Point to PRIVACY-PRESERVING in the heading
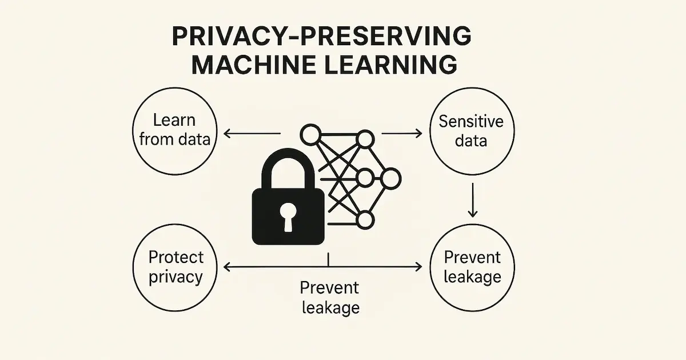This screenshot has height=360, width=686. [322, 37]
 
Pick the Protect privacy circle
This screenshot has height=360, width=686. [175, 267]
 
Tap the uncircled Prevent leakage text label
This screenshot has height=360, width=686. [329, 297]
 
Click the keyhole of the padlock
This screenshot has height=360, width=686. [288, 217]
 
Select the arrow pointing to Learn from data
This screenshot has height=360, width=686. [252, 134]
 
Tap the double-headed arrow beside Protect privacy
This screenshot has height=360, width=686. [323, 266]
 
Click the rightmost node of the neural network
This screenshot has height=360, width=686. [391, 179]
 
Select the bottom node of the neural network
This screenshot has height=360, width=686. [364, 219]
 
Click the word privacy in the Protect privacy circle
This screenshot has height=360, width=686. [175, 277]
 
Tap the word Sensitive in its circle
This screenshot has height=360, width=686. [470, 121]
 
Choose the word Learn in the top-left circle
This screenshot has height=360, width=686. [174, 121]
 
